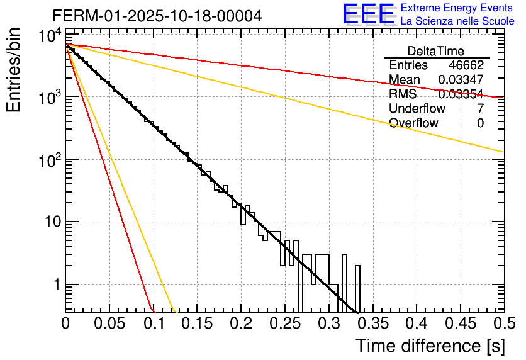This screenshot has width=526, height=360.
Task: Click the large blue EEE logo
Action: [368, 14]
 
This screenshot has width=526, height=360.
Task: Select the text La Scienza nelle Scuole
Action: [457, 21]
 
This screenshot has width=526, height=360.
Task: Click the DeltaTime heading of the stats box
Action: [436, 50]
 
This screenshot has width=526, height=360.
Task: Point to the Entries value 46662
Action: [466, 65]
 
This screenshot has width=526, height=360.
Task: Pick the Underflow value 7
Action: [480, 108]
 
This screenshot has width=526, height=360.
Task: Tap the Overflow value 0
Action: [480, 123]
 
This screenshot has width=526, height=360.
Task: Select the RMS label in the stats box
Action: [403, 94]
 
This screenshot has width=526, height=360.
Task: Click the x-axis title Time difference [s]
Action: [430, 346]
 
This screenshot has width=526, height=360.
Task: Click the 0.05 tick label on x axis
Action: [109, 324]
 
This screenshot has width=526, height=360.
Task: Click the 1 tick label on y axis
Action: [55, 284]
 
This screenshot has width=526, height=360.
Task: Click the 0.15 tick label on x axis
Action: [197, 324]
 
